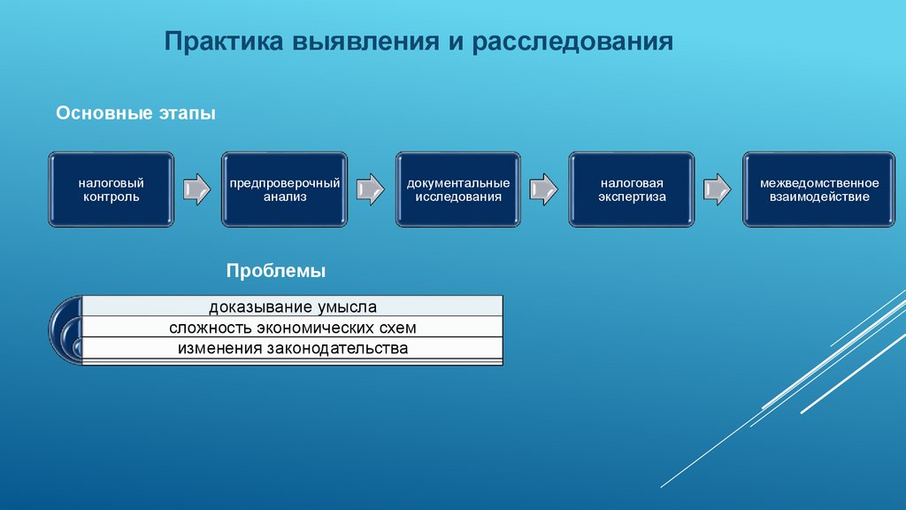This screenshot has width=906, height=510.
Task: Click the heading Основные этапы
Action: [x=136, y=114]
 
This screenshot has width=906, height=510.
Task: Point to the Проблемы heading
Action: [x=276, y=270]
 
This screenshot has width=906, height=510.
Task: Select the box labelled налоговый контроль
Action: [x=111, y=189]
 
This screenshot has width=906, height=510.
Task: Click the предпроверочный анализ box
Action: [x=285, y=189]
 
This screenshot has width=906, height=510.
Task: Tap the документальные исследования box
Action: [x=458, y=189]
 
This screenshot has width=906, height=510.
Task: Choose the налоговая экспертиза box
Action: [x=632, y=189]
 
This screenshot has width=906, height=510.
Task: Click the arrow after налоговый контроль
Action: [x=197, y=189]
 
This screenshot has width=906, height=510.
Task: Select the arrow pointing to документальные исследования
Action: [x=371, y=189]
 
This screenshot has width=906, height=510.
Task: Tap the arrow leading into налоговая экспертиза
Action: [x=544, y=189]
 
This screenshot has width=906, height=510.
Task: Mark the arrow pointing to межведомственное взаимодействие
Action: [x=718, y=189]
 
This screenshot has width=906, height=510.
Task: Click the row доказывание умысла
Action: [x=293, y=307]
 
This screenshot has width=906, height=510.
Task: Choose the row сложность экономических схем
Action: [x=293, y=328]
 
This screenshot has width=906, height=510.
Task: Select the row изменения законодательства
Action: [x=293, y=348]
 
